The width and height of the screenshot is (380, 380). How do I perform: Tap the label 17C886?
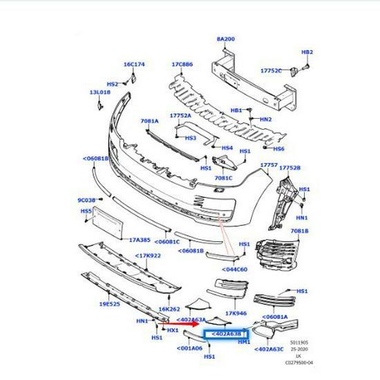point(182,64)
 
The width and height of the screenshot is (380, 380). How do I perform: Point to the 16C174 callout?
point(134,64)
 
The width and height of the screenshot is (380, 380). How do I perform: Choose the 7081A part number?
point(149,121)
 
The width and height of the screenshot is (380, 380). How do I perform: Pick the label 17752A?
point(180,116)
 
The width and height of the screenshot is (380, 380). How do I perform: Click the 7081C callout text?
point(223,178)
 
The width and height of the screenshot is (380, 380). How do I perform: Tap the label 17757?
point(269,165)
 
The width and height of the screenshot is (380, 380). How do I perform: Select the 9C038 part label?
point(86,200)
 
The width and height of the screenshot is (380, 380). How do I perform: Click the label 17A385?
point(141,240)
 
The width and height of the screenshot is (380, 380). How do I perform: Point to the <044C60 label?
point(237,269)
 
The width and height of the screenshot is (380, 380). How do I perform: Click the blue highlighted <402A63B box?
point(225,334)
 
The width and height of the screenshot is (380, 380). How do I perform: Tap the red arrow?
point(176,323)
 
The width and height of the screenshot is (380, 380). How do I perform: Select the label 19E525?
point(109,303)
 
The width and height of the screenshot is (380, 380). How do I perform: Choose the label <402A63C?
point(269,349)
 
